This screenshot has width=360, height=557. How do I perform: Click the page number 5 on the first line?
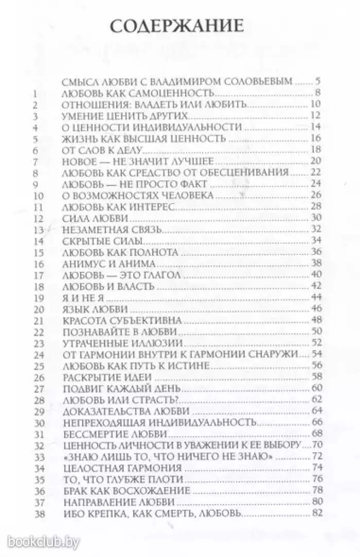tap(318, 81)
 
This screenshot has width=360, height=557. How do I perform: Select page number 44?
tap(316, 298)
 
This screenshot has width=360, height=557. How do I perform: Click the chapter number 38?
tap(37, 513)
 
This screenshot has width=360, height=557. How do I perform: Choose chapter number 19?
tap(37, 298)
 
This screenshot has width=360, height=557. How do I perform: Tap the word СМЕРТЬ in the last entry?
tap(171, 513)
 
